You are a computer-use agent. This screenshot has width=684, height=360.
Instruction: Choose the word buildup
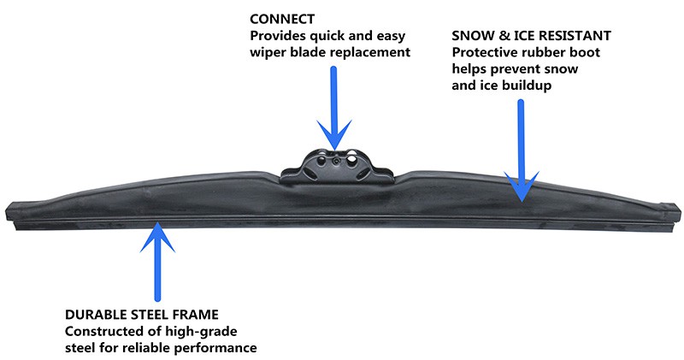(x=531, y=86)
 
